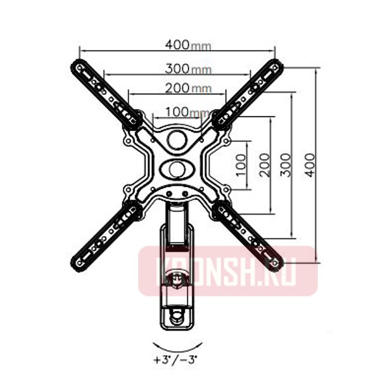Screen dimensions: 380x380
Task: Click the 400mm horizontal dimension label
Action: point(187,46)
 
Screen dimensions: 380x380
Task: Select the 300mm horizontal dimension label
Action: point(188,68)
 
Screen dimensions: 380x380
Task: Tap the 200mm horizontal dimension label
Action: point(188,89)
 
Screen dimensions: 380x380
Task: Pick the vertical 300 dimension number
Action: point(286,165)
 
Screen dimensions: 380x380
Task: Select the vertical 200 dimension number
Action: point(265,165)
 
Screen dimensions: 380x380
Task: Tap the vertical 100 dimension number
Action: point(241,165)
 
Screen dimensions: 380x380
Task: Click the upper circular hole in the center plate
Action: point(177,139)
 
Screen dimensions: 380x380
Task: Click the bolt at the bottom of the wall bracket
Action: point(177,313)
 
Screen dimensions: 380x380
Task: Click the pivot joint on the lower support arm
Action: point(177,277)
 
